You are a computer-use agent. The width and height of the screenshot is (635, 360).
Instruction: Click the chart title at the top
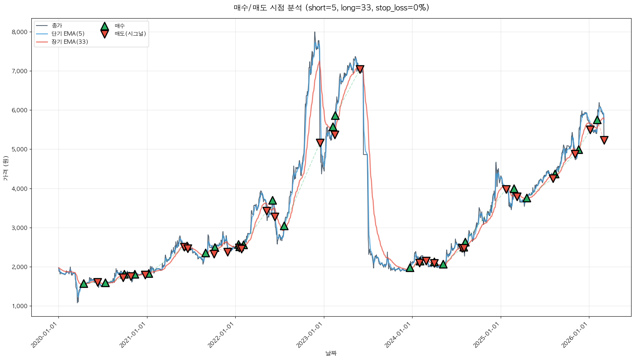point(331,8)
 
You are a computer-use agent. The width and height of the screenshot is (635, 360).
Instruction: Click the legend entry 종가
point(57,26)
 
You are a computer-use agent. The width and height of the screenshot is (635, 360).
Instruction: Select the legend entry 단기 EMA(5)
point(68,34)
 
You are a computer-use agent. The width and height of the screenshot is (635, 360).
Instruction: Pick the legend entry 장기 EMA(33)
point(70,42)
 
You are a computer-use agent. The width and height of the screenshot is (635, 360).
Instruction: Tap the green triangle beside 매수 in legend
point(104,26)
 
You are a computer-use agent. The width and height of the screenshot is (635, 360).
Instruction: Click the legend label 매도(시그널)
point(130,34)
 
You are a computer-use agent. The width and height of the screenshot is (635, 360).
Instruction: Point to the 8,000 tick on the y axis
point(20,32)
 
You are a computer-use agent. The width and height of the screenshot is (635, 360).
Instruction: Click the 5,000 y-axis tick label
point(20,149)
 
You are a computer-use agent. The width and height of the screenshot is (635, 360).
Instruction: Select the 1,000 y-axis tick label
point(20,306)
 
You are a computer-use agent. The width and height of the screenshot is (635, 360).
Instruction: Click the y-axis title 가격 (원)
point(5,168)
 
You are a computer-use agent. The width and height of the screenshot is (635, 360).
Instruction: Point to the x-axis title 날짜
point(331,353)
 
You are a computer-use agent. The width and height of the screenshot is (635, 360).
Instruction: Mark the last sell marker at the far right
point(604,140)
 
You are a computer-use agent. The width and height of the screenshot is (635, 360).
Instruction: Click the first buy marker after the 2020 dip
point(84,284)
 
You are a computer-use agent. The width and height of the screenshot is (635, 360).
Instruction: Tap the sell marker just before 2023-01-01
point(320,143)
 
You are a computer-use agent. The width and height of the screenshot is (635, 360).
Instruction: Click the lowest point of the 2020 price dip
point(77,302)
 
